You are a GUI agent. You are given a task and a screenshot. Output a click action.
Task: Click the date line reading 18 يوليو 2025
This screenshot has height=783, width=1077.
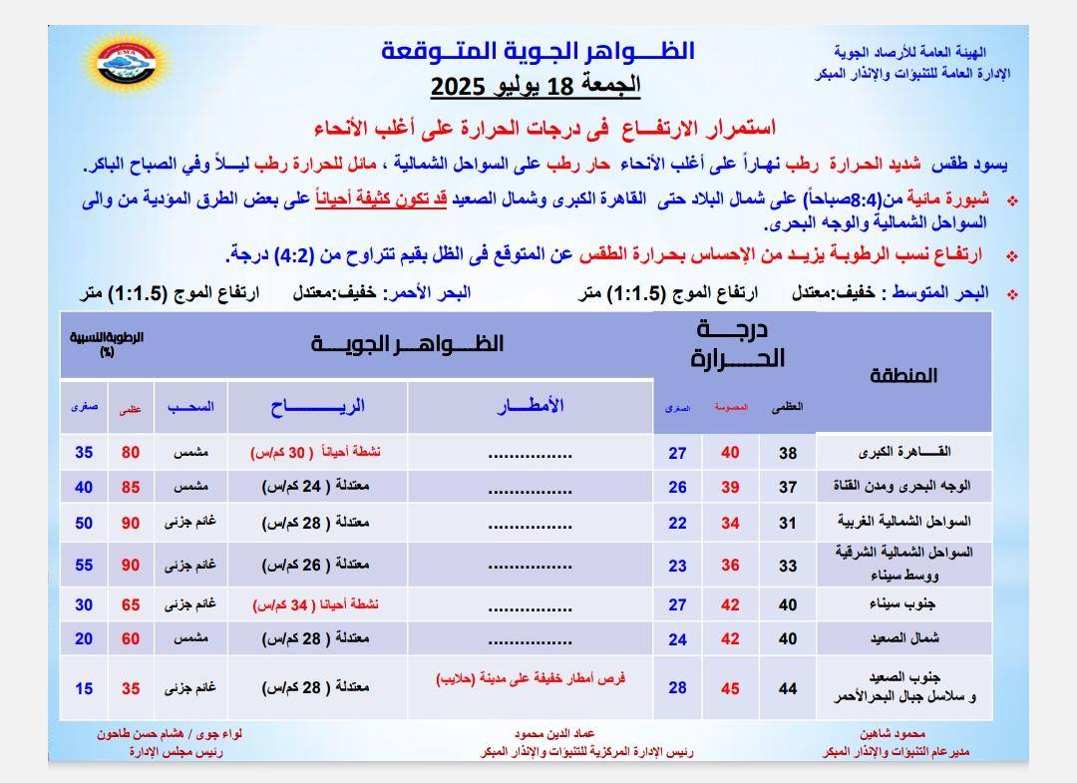tap(536, 86)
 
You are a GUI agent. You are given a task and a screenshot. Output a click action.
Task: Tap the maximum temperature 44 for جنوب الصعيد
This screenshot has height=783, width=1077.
tap(788, 688)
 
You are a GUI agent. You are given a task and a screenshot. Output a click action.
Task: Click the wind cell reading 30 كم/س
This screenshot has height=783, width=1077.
tap(315, 453)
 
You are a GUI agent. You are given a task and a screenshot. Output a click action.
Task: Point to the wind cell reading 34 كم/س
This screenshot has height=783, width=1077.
tap(315, 604)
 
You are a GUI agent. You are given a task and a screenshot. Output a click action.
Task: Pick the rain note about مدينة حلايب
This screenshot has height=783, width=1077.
tap(531, 678)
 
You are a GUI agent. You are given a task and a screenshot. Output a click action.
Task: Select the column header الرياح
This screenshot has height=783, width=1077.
tap(317, 405)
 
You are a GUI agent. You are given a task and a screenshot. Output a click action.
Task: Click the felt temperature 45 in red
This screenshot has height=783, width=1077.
tap(730, 688)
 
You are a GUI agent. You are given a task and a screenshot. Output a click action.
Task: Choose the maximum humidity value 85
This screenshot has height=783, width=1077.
tap(131, 488)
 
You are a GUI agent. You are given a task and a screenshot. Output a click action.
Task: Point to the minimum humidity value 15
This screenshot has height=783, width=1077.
tap(84, 688)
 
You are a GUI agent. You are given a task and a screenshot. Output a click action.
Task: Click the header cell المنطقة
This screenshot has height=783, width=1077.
tap(903, 375)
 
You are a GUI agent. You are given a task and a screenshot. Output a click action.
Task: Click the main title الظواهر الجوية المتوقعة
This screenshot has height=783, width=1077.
tap(538, 51)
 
